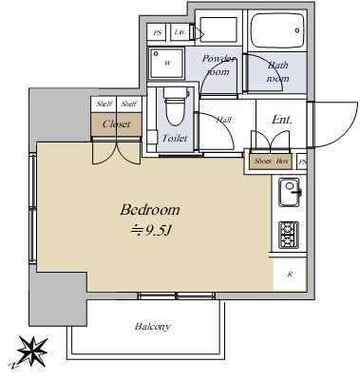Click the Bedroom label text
(149, 209)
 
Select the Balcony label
(152, 327)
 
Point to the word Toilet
(175, 139)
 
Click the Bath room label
(276, 71)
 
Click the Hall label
(225, 120)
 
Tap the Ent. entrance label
(282, 120)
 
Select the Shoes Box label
(271, 162)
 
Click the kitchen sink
(289, 198)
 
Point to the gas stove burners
(289, 234)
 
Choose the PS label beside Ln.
(158, 32)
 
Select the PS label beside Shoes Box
(303, 162)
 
